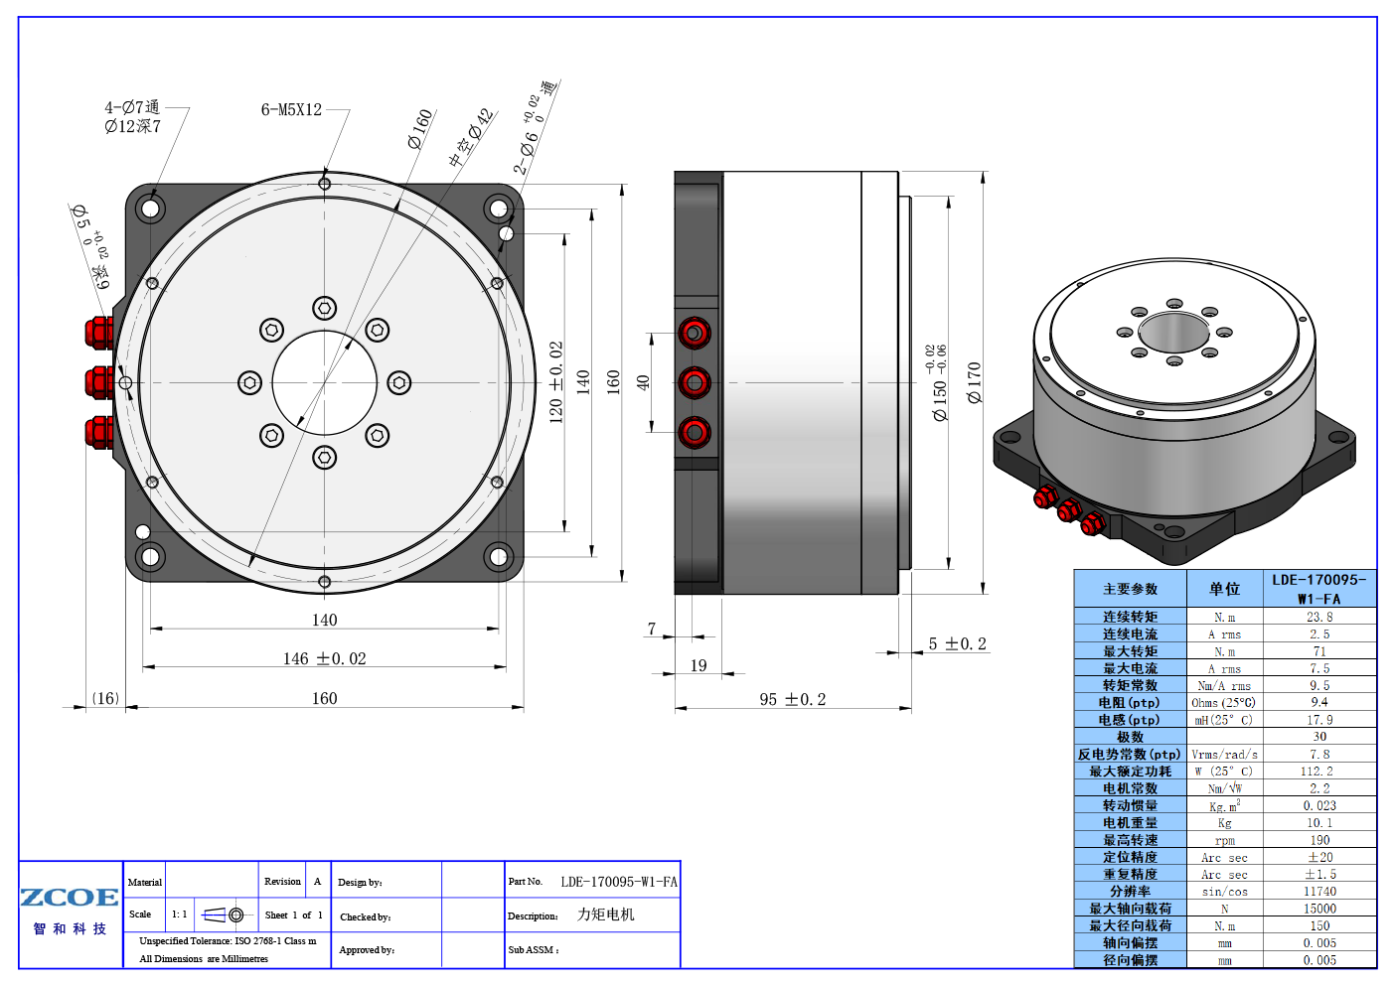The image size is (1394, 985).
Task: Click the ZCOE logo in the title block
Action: pyautogui.click(x=70, y=898)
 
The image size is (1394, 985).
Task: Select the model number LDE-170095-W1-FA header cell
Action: pyautogui.click(x=1319, y=589)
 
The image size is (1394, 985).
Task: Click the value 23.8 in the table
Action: pyautogui.click(x=1319, y=617)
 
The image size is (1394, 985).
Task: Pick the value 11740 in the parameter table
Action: pyautogui.click(x=1319, y=892)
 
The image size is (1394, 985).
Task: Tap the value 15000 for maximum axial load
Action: pyautogui.click(x=1319, y=909)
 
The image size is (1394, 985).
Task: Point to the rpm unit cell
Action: pyautogui.click(x=1225, y=840)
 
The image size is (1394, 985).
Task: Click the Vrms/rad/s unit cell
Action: pyautogui.click(x=1225, y=755)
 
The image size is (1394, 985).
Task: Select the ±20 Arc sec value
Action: pyautogui.click(x=1319, y=857)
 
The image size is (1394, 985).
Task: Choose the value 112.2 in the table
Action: pyautogui.click(x=1319, y=772)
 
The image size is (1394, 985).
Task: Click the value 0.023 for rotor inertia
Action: pyautogui.click(x=1319, y=806)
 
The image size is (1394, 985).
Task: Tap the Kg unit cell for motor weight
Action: pyautogui.click(x=1225, y=823)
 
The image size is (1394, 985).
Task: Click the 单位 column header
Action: pyautogui.click(x=1225, y=589)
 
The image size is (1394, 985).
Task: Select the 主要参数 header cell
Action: pyautogui.click(x=1131, y=589)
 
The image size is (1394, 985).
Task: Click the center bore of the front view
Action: pyautogui.click(x=325, y=382)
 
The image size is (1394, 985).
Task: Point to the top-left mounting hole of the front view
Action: pyautogui.click(x=151, y=209)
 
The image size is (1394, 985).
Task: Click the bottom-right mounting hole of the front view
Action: pyautogui.click(x=498, y=556)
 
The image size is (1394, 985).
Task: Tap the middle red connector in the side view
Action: pyautogui.click(x=695, y=382)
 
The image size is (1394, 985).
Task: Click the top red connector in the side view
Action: pyautogui.click(x=695, y=333)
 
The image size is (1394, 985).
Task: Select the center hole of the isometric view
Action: pyautogui.click(x=1173, y=332)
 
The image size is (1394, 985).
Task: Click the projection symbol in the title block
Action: pyautogui.click(x=214, y=915)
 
